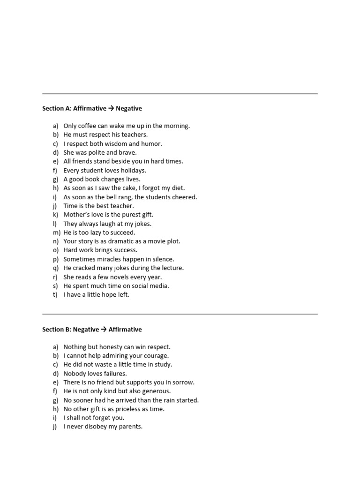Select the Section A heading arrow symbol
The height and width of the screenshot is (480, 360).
pyautogui.click(x=111, y=109)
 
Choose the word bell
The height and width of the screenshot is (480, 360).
pyautogui.click(x=117, y=197)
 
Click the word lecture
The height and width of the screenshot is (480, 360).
pyautogui.click(x=172, y=268)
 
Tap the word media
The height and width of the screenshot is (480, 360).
pyautogui.click(x=160, y=286)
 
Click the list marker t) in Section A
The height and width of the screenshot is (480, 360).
pyautogui.click(x=55, y=295)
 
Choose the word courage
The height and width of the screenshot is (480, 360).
pyautogui.click(x=157, y=356)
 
